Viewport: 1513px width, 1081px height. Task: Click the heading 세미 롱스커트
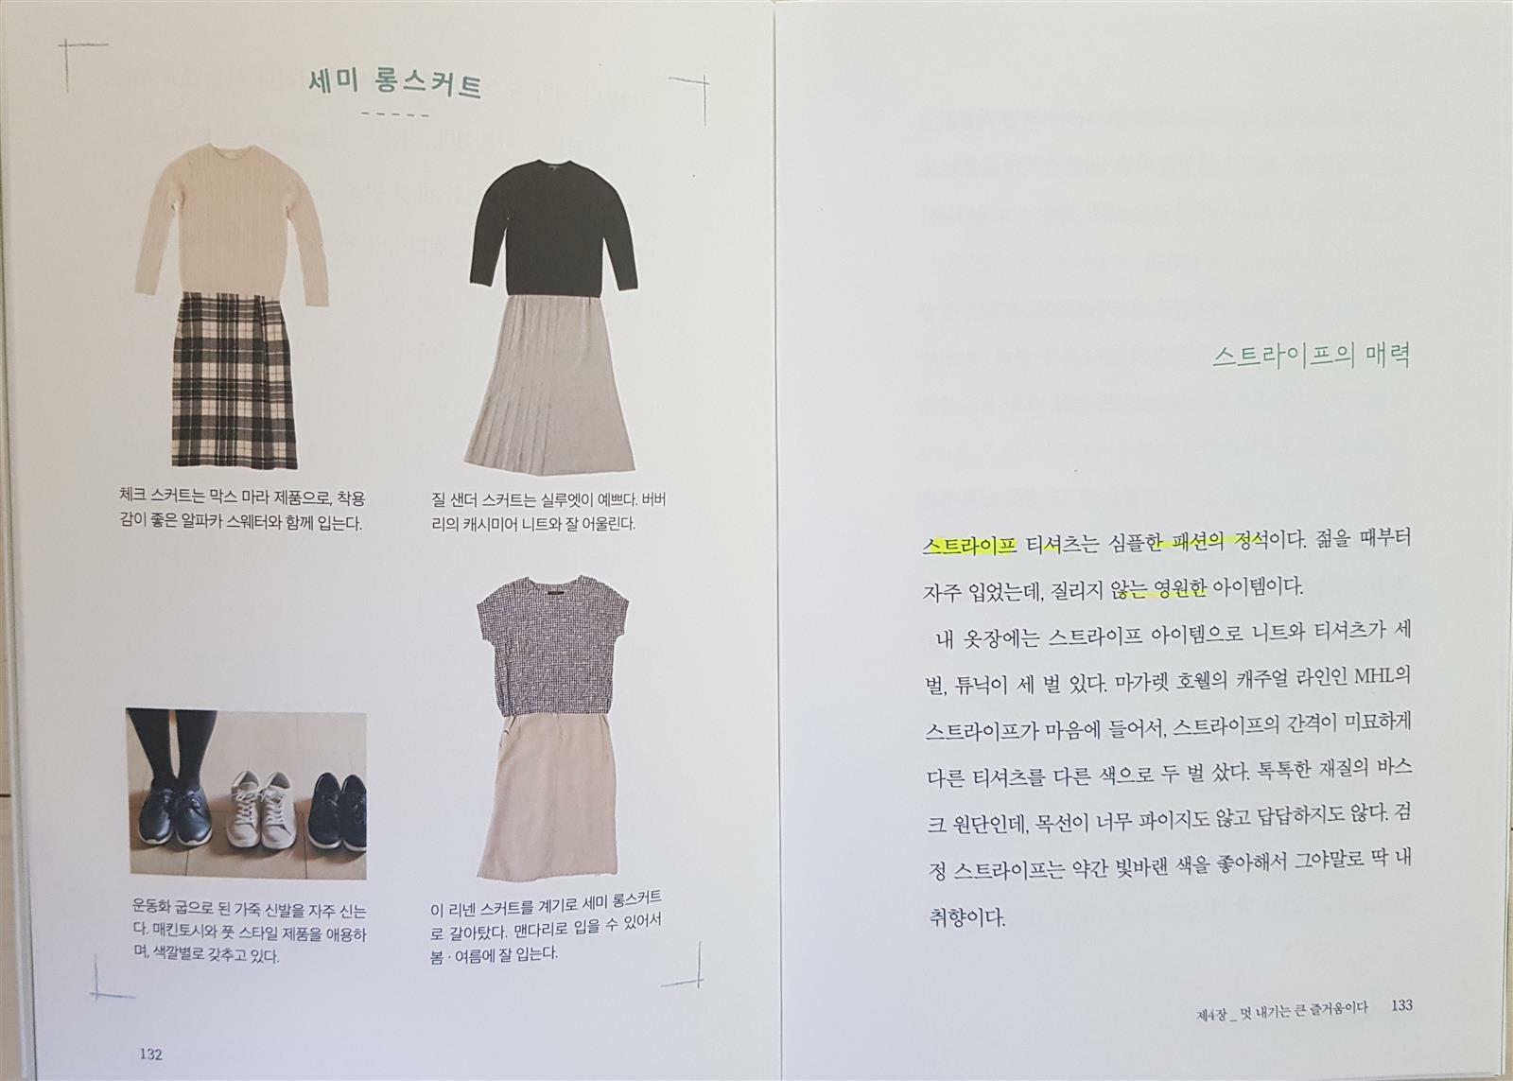[394, 84]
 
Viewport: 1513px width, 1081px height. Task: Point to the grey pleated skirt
[549, 382]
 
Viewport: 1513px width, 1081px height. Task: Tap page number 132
[150, 1054]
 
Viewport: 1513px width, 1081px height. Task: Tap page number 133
[1401, 1004]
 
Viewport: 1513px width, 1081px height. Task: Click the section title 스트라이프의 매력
[1311, 356]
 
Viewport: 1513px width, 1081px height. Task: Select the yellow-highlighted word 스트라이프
[970, 546]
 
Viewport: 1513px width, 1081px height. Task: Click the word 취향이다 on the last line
[965, 917]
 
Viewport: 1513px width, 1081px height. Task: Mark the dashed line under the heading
[395, 114]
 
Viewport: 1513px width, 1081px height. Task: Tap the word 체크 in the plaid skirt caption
[131, 497]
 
